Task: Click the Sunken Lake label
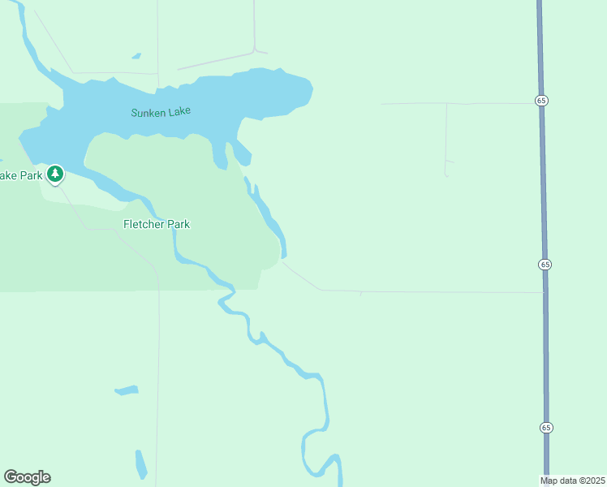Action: (160, 112)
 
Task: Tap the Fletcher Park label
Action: (157, 224)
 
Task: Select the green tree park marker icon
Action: (55, 173)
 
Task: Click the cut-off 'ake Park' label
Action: (19, 175)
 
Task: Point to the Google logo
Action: (27, 477)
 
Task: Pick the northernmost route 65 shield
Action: (541, 100)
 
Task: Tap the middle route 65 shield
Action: (545, 265)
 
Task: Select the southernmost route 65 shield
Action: (546, 427)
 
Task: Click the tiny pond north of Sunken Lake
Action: (136, 56)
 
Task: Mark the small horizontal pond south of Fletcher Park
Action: (127, 390)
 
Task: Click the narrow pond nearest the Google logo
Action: (140, 463)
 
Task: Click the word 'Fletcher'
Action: (144, 224)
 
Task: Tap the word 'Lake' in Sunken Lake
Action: (180, 111)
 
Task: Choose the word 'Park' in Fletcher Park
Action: (179, 224)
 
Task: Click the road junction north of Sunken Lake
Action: (255, 51)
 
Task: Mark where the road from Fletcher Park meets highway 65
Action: (544, 292)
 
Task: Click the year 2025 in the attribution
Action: (592, 481)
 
